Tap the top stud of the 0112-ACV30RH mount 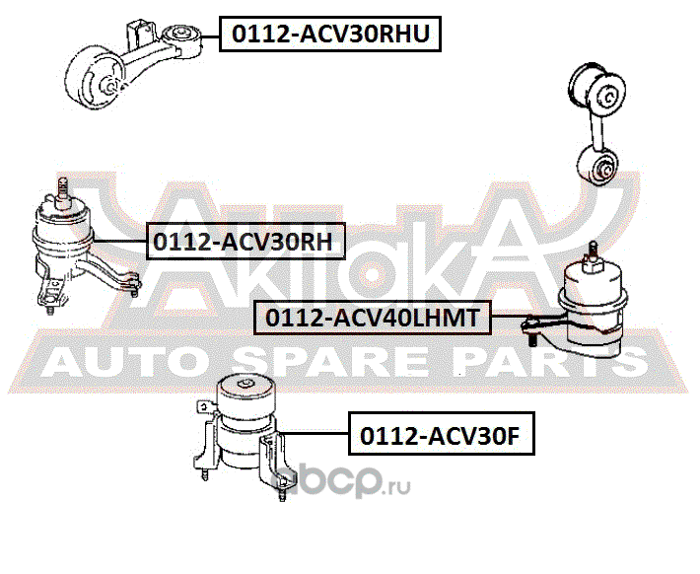(x=61, y=187)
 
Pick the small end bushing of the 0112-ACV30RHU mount (x=184, y=37)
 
